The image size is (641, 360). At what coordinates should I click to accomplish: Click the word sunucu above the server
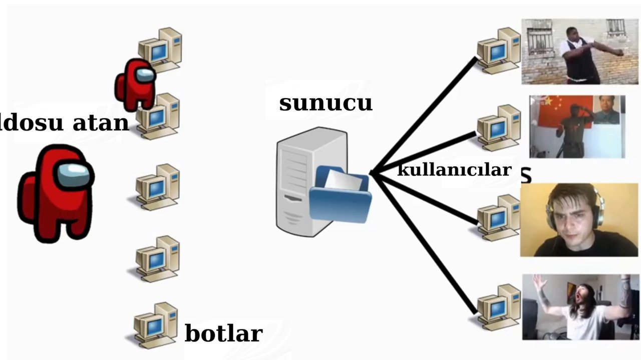click(x=326, y=103)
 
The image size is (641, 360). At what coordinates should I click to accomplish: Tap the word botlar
click(x=223, y=333)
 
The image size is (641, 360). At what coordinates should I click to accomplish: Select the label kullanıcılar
click(x=454, y=170)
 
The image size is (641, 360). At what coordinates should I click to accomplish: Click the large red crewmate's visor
click(x=74, y=174)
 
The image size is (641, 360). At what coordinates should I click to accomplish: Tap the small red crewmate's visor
click(x=145, y=75)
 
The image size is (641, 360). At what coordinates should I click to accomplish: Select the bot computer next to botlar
click(x=156, y=325)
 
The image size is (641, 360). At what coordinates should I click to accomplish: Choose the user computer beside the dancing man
click(x=498, y=50)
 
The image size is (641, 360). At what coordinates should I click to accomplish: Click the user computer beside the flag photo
click(x=498, y=127)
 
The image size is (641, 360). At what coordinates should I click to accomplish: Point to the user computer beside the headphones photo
click(x=498, y=217)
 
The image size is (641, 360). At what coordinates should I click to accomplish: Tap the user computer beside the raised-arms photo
click(x=498, y=307)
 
